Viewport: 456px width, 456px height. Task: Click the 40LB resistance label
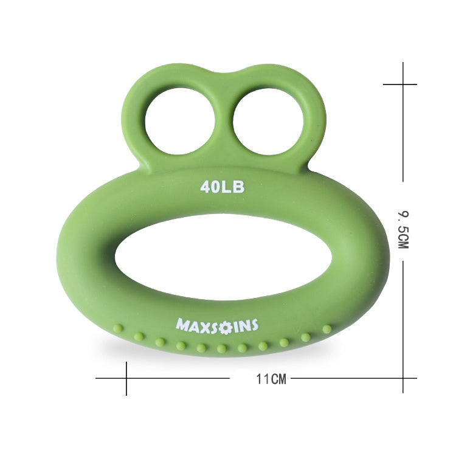click(223, 187)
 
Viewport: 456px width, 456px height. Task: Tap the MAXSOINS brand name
click(217, 325)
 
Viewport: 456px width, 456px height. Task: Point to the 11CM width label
click(271, 379)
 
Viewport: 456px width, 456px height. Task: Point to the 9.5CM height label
click(402, 230)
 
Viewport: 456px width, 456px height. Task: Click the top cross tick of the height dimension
click(401, 85)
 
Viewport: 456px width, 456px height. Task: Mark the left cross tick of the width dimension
click(126, 378)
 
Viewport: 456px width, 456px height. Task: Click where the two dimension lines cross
click(401, 378)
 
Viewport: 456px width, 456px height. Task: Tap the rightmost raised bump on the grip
click(327, 329)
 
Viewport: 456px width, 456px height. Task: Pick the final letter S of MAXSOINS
click(254, 325)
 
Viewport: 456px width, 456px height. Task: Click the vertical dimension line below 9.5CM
click(401, 316)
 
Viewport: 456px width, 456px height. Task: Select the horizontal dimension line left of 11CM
click(182, 378)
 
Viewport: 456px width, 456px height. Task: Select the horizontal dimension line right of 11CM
click(347, 378)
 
